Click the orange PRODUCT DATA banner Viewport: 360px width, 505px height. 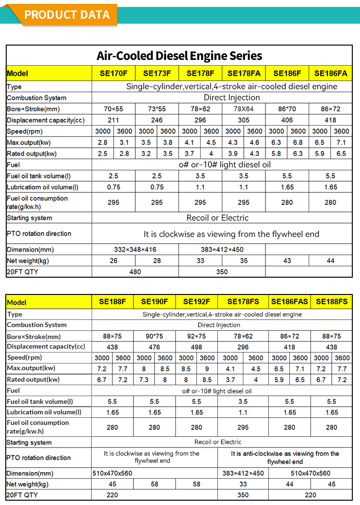(67, 14)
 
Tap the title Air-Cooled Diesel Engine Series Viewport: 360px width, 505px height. (180, 56)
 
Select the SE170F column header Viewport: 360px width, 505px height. (113, 73)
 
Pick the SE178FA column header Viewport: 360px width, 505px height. (244, 73)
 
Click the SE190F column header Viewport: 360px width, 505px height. (155, 302)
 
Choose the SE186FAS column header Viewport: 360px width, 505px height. (289, 302)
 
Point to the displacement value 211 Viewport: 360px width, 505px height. (113, 120)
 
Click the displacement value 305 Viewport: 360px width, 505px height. (244, 120)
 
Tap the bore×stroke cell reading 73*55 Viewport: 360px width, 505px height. (157, 109)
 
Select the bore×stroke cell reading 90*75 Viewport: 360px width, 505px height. (155, 336)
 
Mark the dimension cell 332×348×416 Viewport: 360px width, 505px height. (135, 249)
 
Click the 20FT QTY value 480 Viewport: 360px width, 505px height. (135, 272)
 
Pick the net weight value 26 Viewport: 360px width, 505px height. (113, 260)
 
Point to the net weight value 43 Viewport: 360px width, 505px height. (287, 260)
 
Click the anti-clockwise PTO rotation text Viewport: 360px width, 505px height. (285, 458)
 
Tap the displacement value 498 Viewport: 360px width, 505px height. (197, 347)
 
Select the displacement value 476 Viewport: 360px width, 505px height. (155, 347)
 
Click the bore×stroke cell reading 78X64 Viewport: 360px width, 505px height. (244, 109)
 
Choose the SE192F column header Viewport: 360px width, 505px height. (197, 302)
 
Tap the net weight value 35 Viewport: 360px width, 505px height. (244, 260)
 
